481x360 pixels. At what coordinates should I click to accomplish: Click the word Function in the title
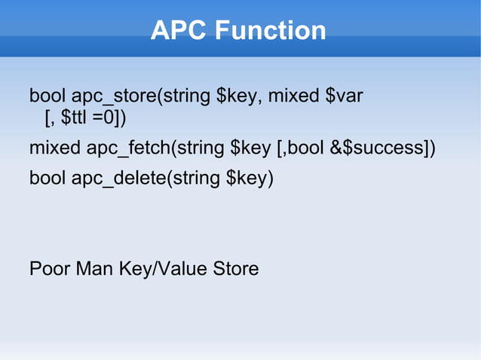point(269,31)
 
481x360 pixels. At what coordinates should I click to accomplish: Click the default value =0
point(103,118)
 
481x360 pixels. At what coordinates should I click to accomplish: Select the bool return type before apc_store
point(47,97)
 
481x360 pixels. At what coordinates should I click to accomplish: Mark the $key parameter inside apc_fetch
point(250,148)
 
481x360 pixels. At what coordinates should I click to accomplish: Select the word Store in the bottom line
point(235,269)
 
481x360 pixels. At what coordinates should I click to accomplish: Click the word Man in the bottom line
point(93,269)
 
